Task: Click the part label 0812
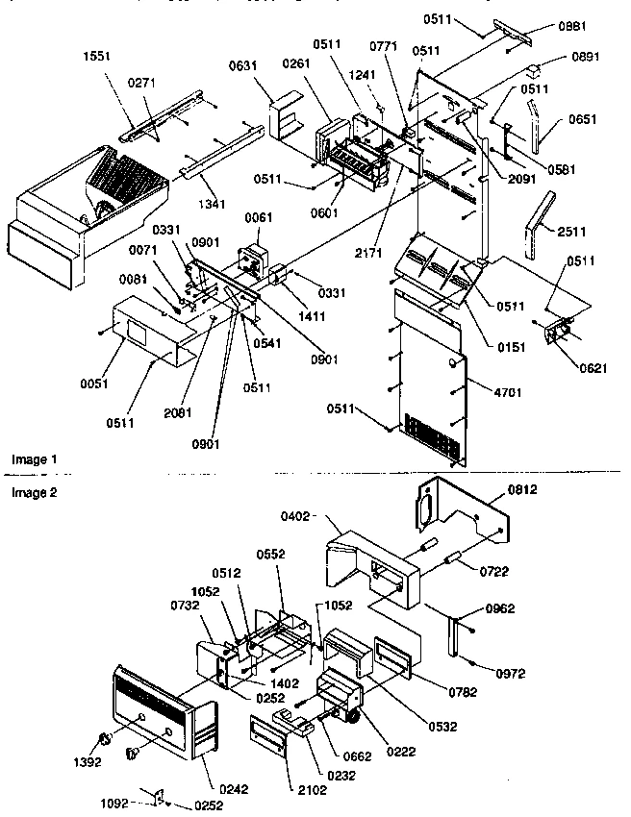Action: [520, 489]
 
